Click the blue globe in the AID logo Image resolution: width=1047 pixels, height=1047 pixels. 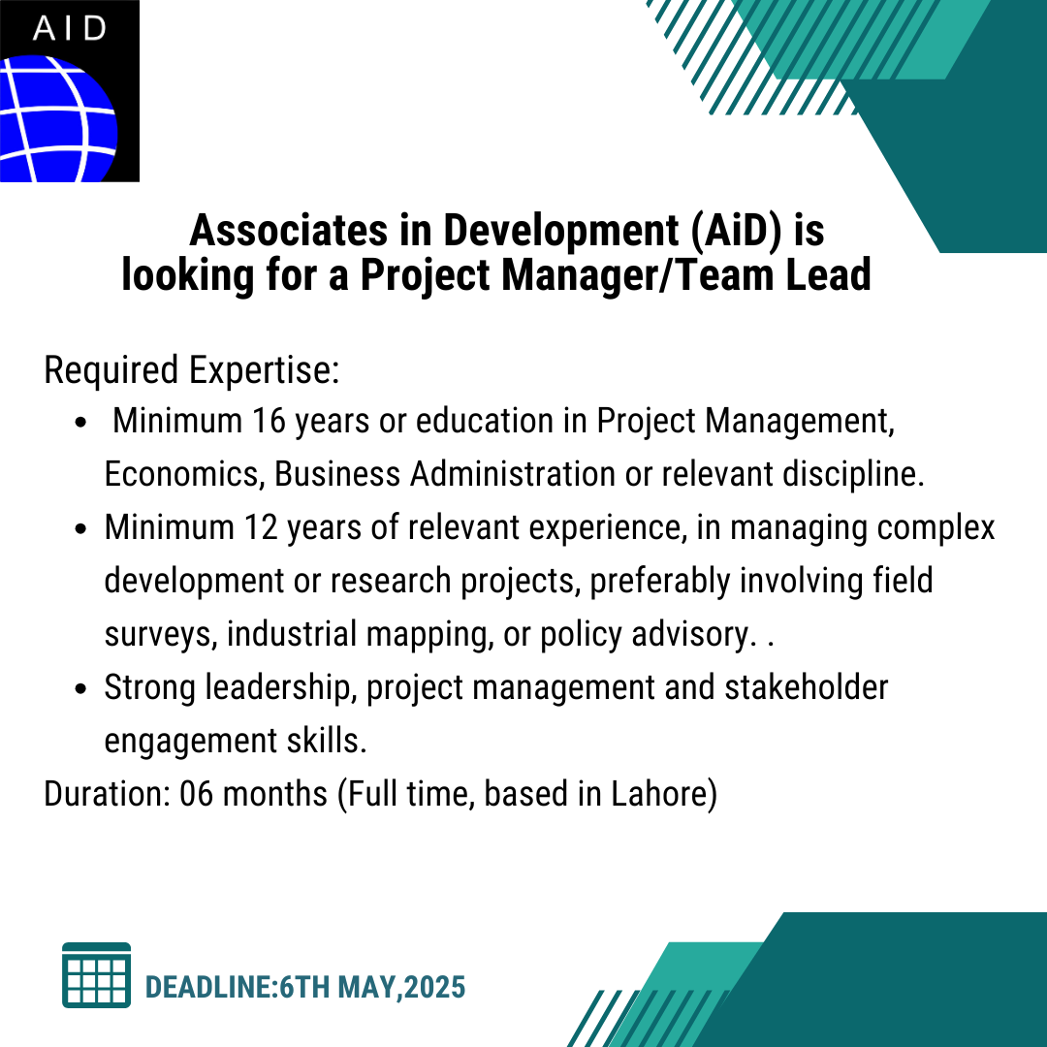click(x=57, y=119)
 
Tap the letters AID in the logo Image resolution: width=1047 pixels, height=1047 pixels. click(x=70, y=28)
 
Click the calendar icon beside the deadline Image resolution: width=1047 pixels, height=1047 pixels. click(x=96, y=975)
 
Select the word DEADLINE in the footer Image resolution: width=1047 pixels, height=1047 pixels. click(x=209, y=987)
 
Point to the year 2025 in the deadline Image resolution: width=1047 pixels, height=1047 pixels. click(x=434, y=987)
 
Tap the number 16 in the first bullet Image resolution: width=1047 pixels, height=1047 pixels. click(x=270, y=422)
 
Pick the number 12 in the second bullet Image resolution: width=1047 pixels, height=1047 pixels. click(x=261, y=527)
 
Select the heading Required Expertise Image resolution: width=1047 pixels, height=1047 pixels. click(x=192, y=370)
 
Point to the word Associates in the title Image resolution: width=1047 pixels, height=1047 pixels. click(x=289, y=231)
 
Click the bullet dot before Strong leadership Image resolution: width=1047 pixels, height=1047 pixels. click(x=81, y=688)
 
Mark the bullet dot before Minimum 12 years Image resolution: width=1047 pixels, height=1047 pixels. click(x=81, y=529)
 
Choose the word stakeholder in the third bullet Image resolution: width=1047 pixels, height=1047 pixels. click(x=806, y=687)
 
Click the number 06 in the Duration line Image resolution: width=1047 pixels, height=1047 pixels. click(x=196, y=794)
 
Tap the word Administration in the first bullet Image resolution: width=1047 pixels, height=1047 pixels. click(x=513, y=474)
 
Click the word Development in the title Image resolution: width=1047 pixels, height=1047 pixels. click(x=561, y=232)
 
